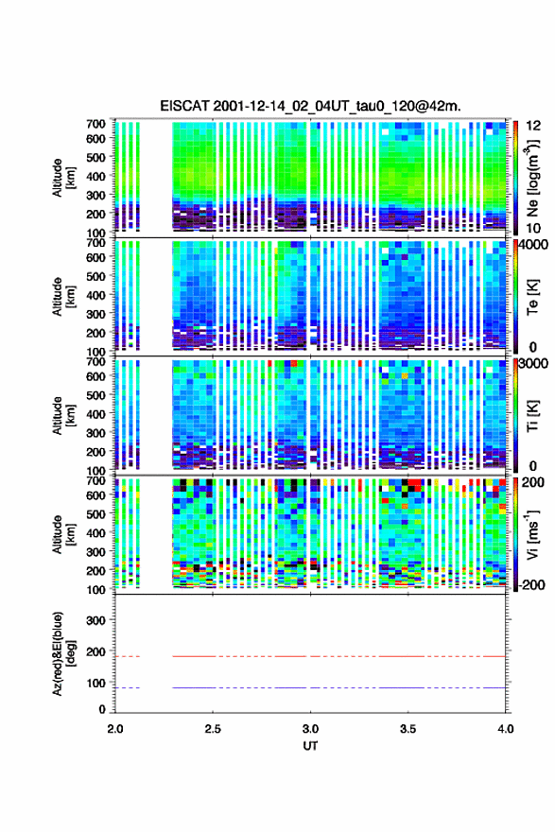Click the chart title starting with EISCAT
pos(310,106)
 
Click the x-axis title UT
pos(310,746)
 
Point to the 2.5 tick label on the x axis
pos(213,729)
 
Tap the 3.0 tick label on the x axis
pos(310,729)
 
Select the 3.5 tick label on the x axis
pos(408,729)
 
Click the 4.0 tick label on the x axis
pos(505,729)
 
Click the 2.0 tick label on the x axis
pos(115,729)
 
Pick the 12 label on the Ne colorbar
pos(532,126)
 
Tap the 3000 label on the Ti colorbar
pos(534,363)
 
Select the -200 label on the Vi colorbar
pos(532,584)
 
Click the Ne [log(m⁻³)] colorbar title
pos(532,178)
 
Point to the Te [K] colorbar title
pos(532,297)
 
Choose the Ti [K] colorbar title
pos(532,416)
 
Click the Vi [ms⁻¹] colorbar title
pos(532,534)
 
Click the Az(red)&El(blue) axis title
pos(62,652)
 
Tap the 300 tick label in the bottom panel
pos(96,620)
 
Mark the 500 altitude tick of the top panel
pos(96,157)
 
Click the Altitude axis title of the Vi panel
pos(63,534)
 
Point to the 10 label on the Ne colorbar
pos(532,228)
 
